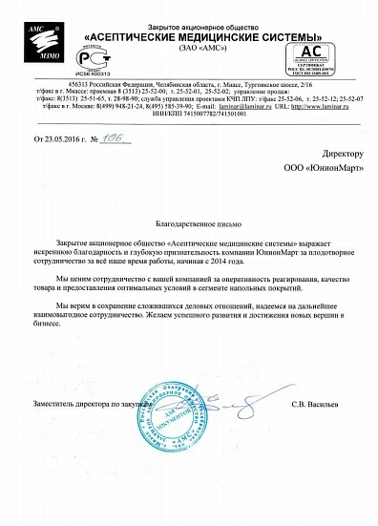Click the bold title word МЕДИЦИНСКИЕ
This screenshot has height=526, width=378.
coord(209,27)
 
